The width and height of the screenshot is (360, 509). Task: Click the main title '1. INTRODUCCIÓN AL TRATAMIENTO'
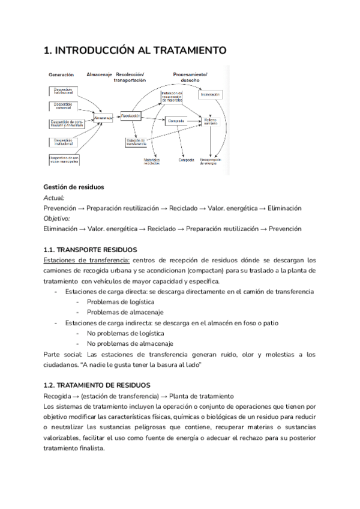tap(135, 52)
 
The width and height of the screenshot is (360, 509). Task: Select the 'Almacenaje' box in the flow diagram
tap(103, 118)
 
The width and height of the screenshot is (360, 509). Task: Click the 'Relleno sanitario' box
tap(209, 122)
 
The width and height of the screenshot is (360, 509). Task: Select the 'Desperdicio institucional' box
tap(62, 141)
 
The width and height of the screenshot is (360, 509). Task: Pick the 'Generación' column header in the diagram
tap(62, 75)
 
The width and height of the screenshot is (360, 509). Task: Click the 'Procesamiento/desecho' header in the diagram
tap(190, 77)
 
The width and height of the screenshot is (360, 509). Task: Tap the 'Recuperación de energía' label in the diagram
tap(211, 161)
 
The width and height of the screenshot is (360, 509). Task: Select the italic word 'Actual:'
tap(54, 197)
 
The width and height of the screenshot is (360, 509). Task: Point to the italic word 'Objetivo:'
tap(57, 218)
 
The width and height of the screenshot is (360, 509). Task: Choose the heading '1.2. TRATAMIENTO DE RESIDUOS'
tap(97, 385)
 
